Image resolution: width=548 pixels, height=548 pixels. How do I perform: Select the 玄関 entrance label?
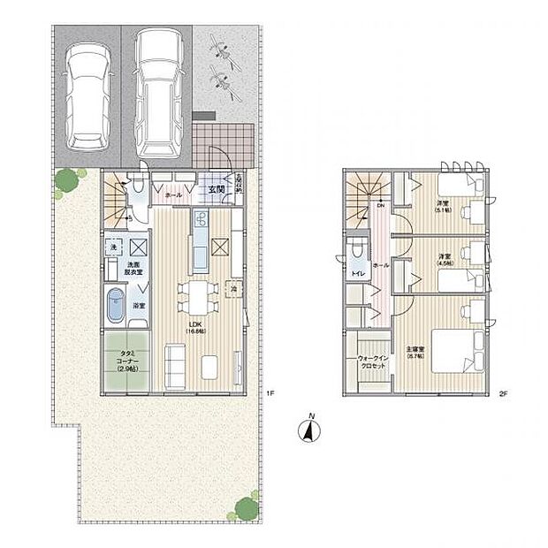point(217,187)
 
